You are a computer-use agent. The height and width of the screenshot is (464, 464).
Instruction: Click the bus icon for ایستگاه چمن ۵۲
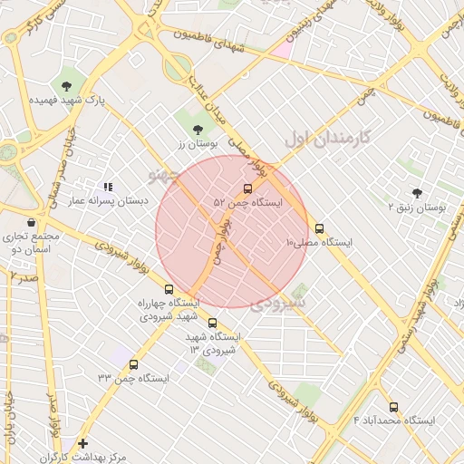pos(248,188)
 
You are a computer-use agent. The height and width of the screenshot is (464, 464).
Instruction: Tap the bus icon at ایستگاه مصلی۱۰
pos(319,228)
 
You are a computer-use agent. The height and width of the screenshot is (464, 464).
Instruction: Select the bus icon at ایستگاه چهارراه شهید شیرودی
pos(169,289)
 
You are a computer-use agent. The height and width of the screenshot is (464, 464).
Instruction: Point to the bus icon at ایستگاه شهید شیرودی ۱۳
pos(213,323)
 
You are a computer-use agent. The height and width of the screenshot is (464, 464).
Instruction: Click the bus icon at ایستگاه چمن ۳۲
pos(134,364)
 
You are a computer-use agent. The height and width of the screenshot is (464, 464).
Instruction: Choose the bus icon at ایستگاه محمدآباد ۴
pos(393,407)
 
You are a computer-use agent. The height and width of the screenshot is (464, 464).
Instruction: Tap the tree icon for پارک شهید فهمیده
pos(67,86)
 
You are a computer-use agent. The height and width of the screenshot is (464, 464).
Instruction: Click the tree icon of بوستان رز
pos(198,130)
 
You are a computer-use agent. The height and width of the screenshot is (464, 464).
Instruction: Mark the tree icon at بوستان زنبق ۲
pos(417,193)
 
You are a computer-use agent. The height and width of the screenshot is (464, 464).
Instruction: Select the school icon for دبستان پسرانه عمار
pos(109,187)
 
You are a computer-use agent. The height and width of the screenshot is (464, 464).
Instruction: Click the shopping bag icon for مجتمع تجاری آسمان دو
pos(32,222)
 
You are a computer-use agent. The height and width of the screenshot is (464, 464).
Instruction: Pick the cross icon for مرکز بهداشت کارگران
pos(83,443)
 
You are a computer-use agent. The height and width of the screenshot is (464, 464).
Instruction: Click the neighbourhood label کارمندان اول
pos(328,139)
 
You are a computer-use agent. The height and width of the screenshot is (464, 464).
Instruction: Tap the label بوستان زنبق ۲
pos(417,208)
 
